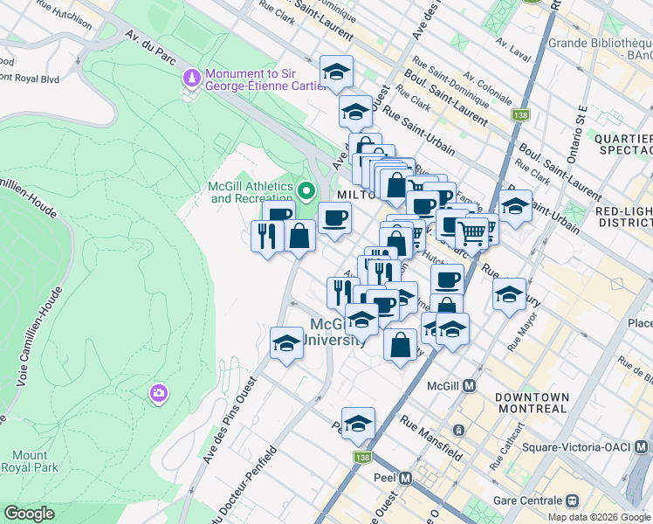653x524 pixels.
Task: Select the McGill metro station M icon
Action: (x=469, y=385)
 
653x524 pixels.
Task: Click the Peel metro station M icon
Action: (x=405, y=479)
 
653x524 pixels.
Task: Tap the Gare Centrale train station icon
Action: (x=573, y=500)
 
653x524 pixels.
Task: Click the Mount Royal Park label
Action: (x=30, y=462)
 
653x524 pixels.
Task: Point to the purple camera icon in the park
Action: (x=158, y=394)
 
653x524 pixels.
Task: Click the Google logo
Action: (x=29, y=514)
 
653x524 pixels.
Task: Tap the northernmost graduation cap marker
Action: (x=335, y=73)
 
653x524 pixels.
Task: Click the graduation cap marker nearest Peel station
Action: (x=358, y=424)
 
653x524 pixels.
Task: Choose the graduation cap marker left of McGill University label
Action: (x=285, y=343)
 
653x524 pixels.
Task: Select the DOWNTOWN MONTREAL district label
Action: (x=532, y=403)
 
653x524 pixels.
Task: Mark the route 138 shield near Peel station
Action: (x=362, y=457)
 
